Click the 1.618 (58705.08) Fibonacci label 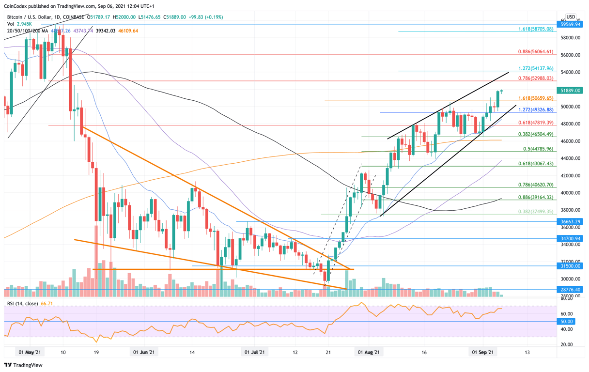pos(535,29)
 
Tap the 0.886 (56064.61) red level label pos(535,51)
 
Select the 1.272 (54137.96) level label pos(535,68)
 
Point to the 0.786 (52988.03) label pos(535,77)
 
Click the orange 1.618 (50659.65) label pos(535,98)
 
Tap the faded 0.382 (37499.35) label pos(535,212)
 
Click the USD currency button pos(571,17)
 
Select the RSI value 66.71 pos(47,304)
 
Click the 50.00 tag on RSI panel pos(567,322)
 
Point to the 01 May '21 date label pos(29,353)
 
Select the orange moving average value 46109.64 pos(128,31)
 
